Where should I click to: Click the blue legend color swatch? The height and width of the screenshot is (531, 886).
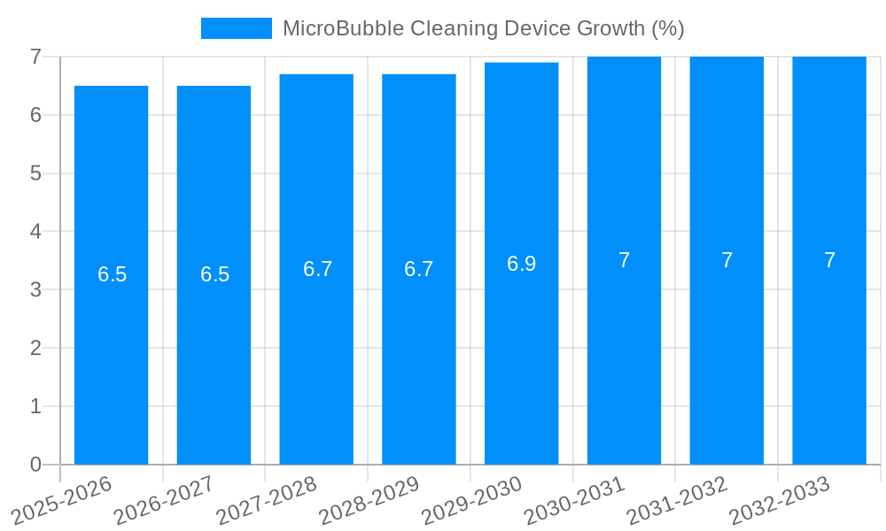[x=237, y=28]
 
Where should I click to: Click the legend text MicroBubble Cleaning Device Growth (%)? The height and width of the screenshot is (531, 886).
[x=483, y=28]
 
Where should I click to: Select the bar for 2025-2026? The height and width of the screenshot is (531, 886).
[x=112, y=354]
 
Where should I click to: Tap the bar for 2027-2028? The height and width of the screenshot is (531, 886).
[x=316, y=354]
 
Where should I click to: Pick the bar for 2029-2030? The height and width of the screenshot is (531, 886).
[x=521, y=354]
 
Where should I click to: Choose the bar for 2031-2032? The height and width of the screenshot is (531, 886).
[x=727, y=354]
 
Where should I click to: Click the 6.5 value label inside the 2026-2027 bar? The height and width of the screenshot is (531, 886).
[x=214, y=274]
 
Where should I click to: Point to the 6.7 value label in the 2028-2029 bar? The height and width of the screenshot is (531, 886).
[x=419, y=269]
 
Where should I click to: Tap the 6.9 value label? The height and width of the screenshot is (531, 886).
[x=521, y=264]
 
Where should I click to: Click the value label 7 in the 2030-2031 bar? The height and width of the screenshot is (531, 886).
[x=624, y=260]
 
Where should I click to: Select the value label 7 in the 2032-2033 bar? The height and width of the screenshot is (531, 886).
[x=829, y=260]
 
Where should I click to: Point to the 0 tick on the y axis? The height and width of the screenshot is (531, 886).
[x=35, y=465]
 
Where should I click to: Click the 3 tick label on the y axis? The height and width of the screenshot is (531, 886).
[x=35, y=289]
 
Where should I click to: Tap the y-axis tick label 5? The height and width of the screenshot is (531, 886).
[x=35, y=173]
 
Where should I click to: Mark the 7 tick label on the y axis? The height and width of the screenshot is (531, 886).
[x=35, y=58]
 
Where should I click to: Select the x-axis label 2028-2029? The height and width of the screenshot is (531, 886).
[x=369, y=499]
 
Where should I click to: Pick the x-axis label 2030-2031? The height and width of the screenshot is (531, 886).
[x=574, y=499]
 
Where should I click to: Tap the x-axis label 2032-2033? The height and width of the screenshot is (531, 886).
[x=779, y=499]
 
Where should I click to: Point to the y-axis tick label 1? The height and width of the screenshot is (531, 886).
[x=35, y=406]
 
